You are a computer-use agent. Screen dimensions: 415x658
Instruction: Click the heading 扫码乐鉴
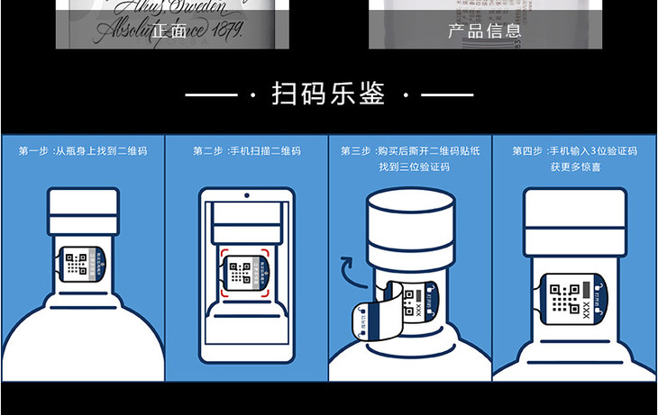pyautogui.click(x=328, y=94)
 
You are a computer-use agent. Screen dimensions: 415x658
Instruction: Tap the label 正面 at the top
pyautogui.click(x=170, y=31)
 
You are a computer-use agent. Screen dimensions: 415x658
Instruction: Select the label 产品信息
pyautogui.click(x=484, y=31)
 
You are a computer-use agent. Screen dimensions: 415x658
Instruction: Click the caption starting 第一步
pyautogui.click(x=82, y=151)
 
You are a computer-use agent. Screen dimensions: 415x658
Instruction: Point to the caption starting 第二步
pyautogui.click(x=246, y=151)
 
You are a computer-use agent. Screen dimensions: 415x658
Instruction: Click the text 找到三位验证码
pyautogui.click(x=410, y=167)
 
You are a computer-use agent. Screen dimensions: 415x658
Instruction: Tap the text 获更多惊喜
pyautogui.click(x=574, y=167)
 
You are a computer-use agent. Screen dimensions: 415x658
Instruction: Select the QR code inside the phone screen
pyautogui.click(x=241, y=273)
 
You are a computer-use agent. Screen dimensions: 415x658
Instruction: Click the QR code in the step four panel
pyautogui.click(x=564, y=298)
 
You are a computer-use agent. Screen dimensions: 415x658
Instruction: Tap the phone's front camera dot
pyautogui.click(x=246, y=195)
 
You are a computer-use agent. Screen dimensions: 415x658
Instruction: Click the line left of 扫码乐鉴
pyautogui.click(x=212, y=95)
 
